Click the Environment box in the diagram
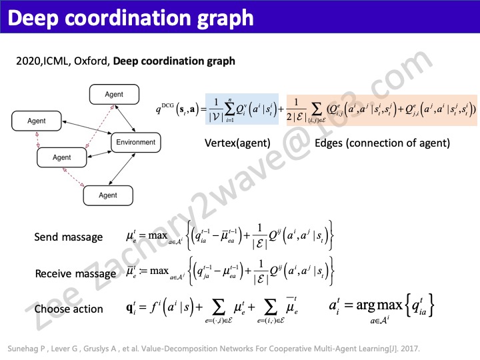click(x=135, y=142)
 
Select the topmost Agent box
click(x=114, y=95)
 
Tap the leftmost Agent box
click(x=37, y=121)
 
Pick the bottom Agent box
click(x=108, y=195)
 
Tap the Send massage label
click(x=69, y=237)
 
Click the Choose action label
click(x=69, y=309)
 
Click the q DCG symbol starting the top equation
click(x=175, y=108)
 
